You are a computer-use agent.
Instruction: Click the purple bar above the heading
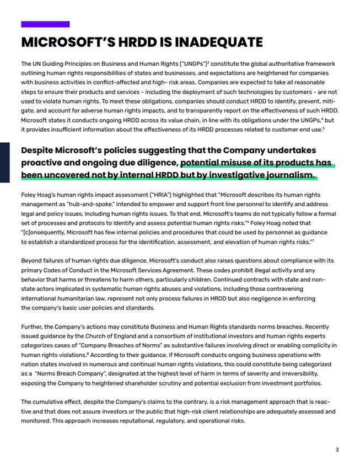point(45,24)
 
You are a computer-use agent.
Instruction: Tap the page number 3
point(337,450)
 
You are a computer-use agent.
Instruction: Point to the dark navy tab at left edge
point(4,162)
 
